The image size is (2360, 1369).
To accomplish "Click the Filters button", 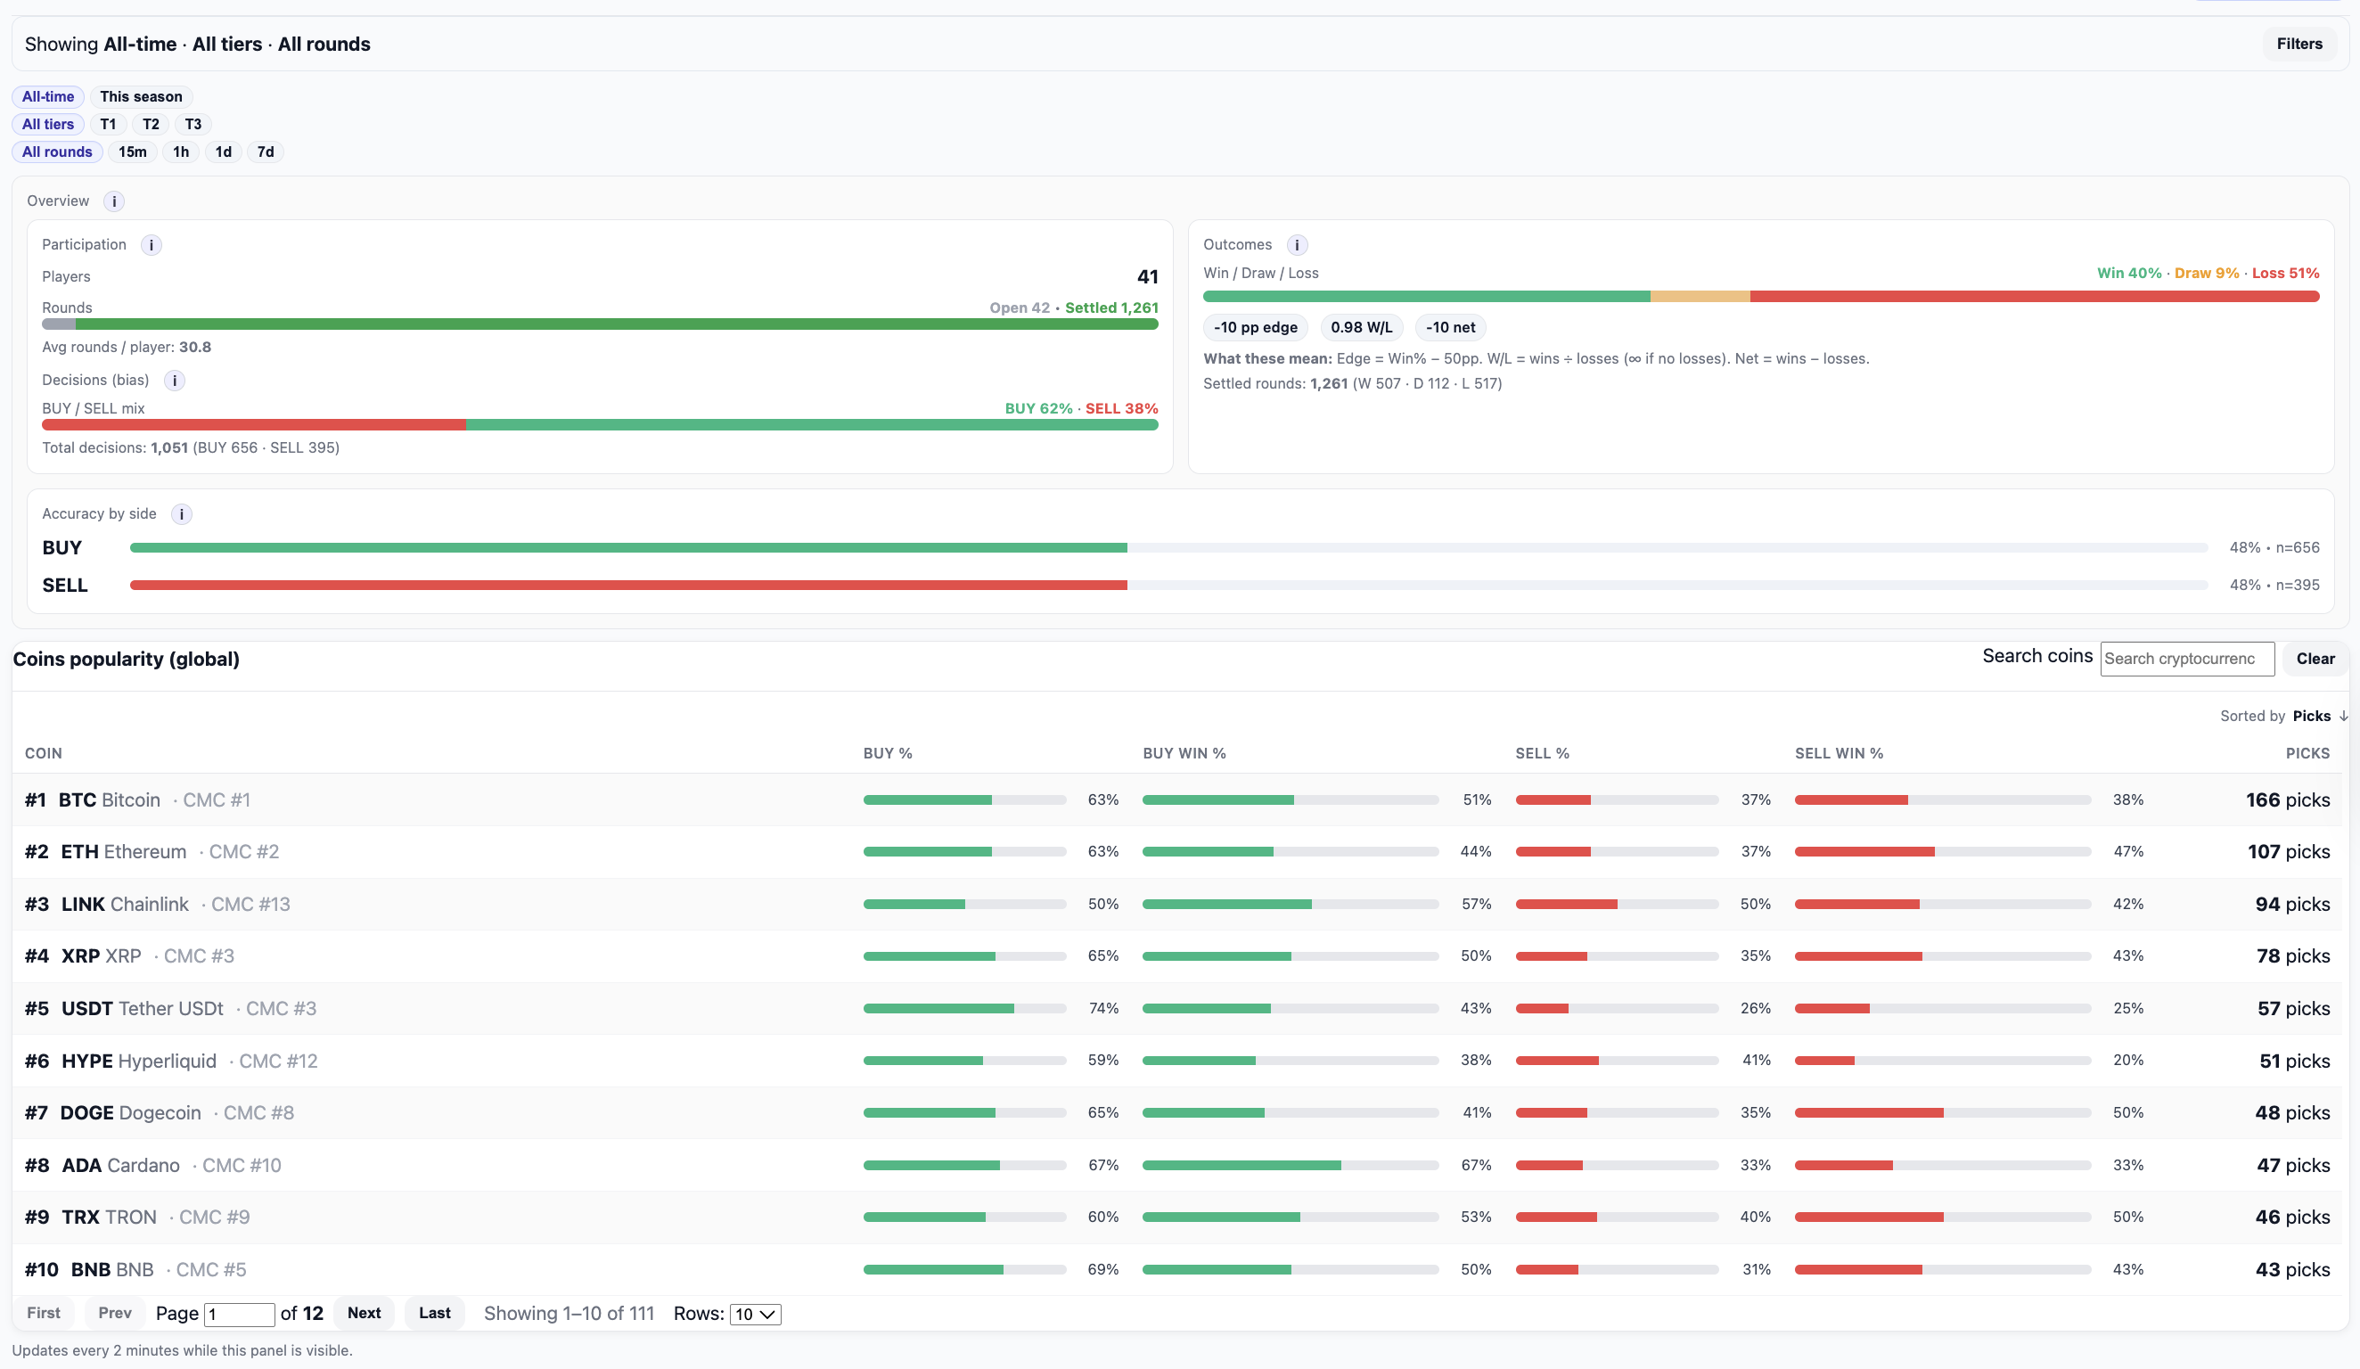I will (x=2299, y=44).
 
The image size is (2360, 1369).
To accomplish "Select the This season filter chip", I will (x=141, y=96).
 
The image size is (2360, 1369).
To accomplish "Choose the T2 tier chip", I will (x=150, y=125).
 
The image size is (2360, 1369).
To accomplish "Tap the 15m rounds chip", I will (x=132, y=152).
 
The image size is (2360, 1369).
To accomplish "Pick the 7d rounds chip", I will (x=265, y=152).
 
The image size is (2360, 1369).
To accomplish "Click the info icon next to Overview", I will (x=114, y=201).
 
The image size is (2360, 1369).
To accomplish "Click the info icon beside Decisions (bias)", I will (x=174, y=381).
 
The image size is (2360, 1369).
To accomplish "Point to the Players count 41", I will (x=1146, y=277).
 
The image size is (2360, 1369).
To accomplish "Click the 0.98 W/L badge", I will (x=1361, y=328).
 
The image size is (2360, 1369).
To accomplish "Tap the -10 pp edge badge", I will (x=1255, y=328).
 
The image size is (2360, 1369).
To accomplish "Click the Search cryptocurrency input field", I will (x=2186, y=660).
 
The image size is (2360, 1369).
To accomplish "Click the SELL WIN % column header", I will (x=1839, y=754).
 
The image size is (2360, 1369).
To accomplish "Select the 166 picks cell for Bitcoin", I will (x=2287, y=800).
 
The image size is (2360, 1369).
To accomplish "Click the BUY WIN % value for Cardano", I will (x=1475, y=1166).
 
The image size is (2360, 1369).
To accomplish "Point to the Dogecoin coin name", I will (x=160, y=1113).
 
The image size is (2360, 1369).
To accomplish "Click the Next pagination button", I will (x=364, y=1314).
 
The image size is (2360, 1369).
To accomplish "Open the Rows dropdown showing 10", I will (x=755, y=1315).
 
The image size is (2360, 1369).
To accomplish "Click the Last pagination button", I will (x=435, y=1314).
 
